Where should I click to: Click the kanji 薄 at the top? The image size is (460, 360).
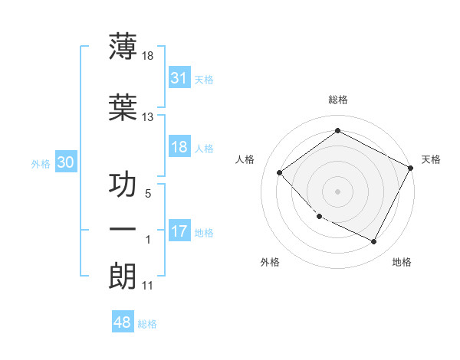[123, 46]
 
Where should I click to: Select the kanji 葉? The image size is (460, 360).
[123, 108]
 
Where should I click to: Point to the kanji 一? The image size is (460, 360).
[123, 230]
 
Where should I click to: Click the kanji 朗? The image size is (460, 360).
[123, 275]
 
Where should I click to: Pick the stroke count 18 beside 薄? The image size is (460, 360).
[147, 56]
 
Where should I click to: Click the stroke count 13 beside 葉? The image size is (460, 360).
[147, 117]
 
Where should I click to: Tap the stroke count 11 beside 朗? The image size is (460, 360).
[147, 286]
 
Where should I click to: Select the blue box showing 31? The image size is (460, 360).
[179, 78]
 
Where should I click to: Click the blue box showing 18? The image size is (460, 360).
[179, 147]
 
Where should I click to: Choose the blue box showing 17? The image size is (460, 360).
[179, 231]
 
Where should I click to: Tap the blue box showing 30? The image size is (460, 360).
[65, 162]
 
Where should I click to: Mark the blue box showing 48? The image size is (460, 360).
[123, 322]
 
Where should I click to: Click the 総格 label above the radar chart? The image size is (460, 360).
[337, 100]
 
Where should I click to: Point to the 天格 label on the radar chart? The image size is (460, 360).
[432, 159]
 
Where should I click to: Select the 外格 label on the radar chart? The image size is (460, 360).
[270, 262]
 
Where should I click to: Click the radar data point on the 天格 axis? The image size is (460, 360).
[411, 167]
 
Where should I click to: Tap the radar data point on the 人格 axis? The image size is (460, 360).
[280, 172]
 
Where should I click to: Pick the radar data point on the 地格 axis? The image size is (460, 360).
[373, 241]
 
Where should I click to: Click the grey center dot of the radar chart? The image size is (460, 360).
[337, 191]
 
